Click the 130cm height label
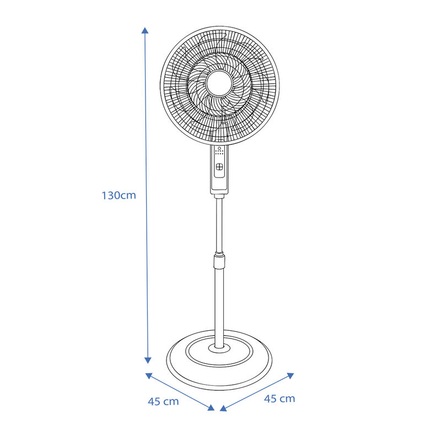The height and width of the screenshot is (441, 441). (x=119, y=195)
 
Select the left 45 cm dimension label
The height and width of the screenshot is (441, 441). (x=163, y=401)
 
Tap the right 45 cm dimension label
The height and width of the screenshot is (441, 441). (x=279, y=399)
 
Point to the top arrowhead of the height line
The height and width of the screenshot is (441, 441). (x=145, y=30)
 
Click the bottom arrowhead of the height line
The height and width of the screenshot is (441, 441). (x=148, y=360)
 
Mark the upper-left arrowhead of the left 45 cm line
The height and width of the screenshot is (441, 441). (x=149, y=376)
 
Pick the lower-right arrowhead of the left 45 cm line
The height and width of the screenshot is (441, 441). (x=211, y=407)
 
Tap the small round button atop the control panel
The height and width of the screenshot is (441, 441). (x=219, y=148)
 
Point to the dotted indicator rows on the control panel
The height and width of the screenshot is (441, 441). (x=219, y=153)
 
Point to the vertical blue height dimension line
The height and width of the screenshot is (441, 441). (x=146, y=138)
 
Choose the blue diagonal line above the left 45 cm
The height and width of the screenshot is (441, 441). (x=180, y=392)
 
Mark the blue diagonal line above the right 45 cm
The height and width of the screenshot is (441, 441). (x=257, y=392)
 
